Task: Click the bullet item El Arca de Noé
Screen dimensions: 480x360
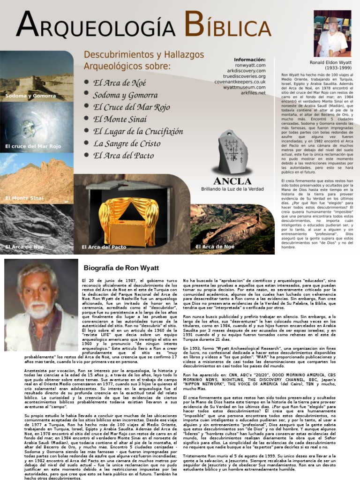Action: [x=120, y=83]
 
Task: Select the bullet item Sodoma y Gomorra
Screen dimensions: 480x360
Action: [x=125, y=95]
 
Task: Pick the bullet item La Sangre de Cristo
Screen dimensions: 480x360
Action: [x=127, y=143]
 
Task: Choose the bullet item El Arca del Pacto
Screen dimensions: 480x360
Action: [x=123, y=156]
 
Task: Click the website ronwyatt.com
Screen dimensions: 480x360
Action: [x=250, y=65]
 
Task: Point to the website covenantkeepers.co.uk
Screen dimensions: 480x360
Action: [x=240, y=82]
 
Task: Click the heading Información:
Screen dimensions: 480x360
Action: [x=249, y=60]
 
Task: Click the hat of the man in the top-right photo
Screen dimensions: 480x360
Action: [x=333, y=21]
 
